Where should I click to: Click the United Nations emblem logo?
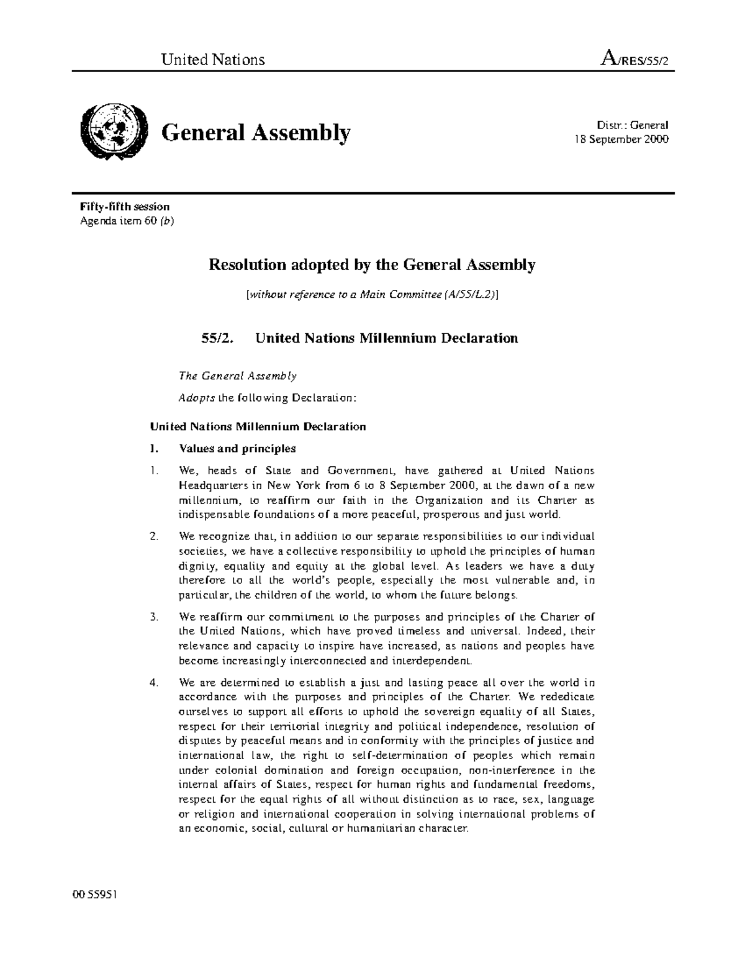coord(114,132)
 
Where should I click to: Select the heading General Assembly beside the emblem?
coord(256,132)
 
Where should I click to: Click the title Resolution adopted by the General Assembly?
coord(371,265)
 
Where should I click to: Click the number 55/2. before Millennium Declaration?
coord(214,338)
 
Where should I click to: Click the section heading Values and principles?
coord(237,448)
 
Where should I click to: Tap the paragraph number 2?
coord(154,536)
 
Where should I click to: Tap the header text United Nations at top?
coord(213,59)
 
